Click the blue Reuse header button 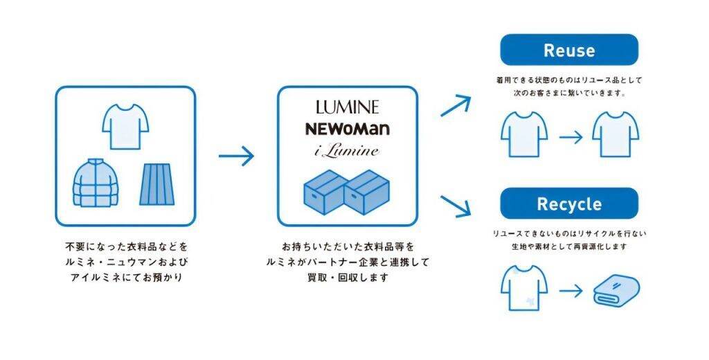[x=568, y=50]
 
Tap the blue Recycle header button [x=568, y=204]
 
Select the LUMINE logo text [x=348, y=107]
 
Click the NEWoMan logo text [x=348, y=129]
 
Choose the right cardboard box [x=367, y=191]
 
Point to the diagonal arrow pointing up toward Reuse [x=456, y=105]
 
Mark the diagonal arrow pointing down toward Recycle [x=456, y=205]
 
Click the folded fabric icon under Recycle [x=617, y=290]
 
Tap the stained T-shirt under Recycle [x=524, y=289]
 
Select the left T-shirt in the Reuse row [x=524, y=134]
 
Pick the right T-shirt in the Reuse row [x=616, y=134]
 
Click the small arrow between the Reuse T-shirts [x=571, y=136]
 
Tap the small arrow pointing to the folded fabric [x=571, y=290]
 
